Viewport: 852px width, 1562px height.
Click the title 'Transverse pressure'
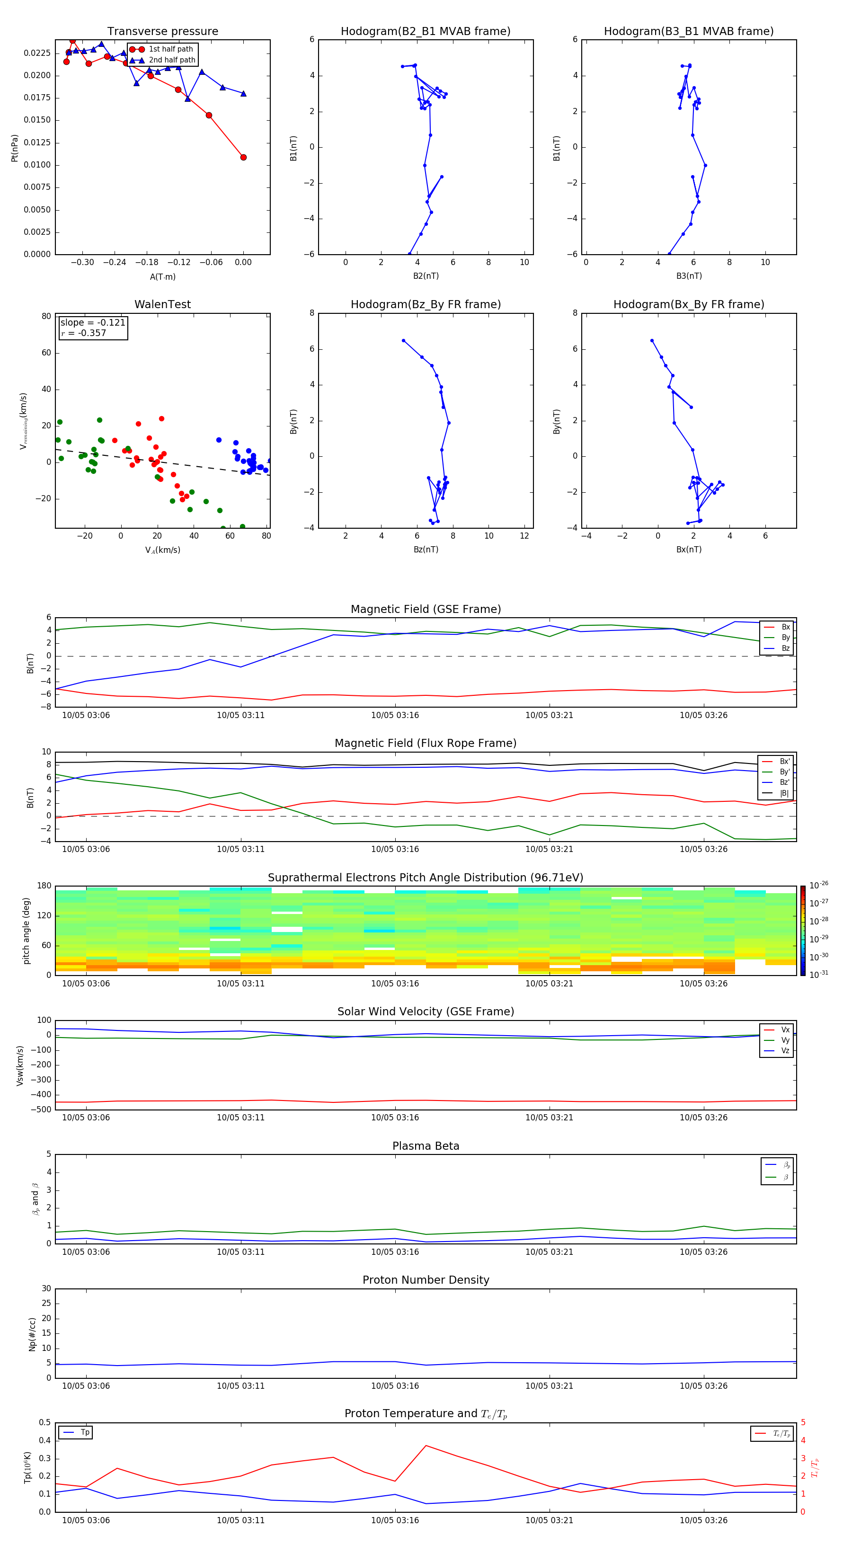[162, 32]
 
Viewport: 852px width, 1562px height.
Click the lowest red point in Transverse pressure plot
[243, 158]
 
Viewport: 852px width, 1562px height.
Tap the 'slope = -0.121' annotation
[93, 323]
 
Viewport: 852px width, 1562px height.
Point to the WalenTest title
[162, 304]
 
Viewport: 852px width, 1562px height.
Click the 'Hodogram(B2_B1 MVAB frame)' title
[425, 32]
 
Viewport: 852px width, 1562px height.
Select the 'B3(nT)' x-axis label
[689, 276]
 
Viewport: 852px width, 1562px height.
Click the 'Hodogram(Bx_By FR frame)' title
[688, 304]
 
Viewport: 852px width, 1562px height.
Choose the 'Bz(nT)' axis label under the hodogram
[426, 550]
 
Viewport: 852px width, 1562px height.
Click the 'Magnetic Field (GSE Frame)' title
[426, 609]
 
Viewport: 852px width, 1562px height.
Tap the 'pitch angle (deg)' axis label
[26, 931]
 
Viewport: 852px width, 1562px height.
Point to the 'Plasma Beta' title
[426, 1146]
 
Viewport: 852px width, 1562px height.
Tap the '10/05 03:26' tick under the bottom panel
[703, 1520]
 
